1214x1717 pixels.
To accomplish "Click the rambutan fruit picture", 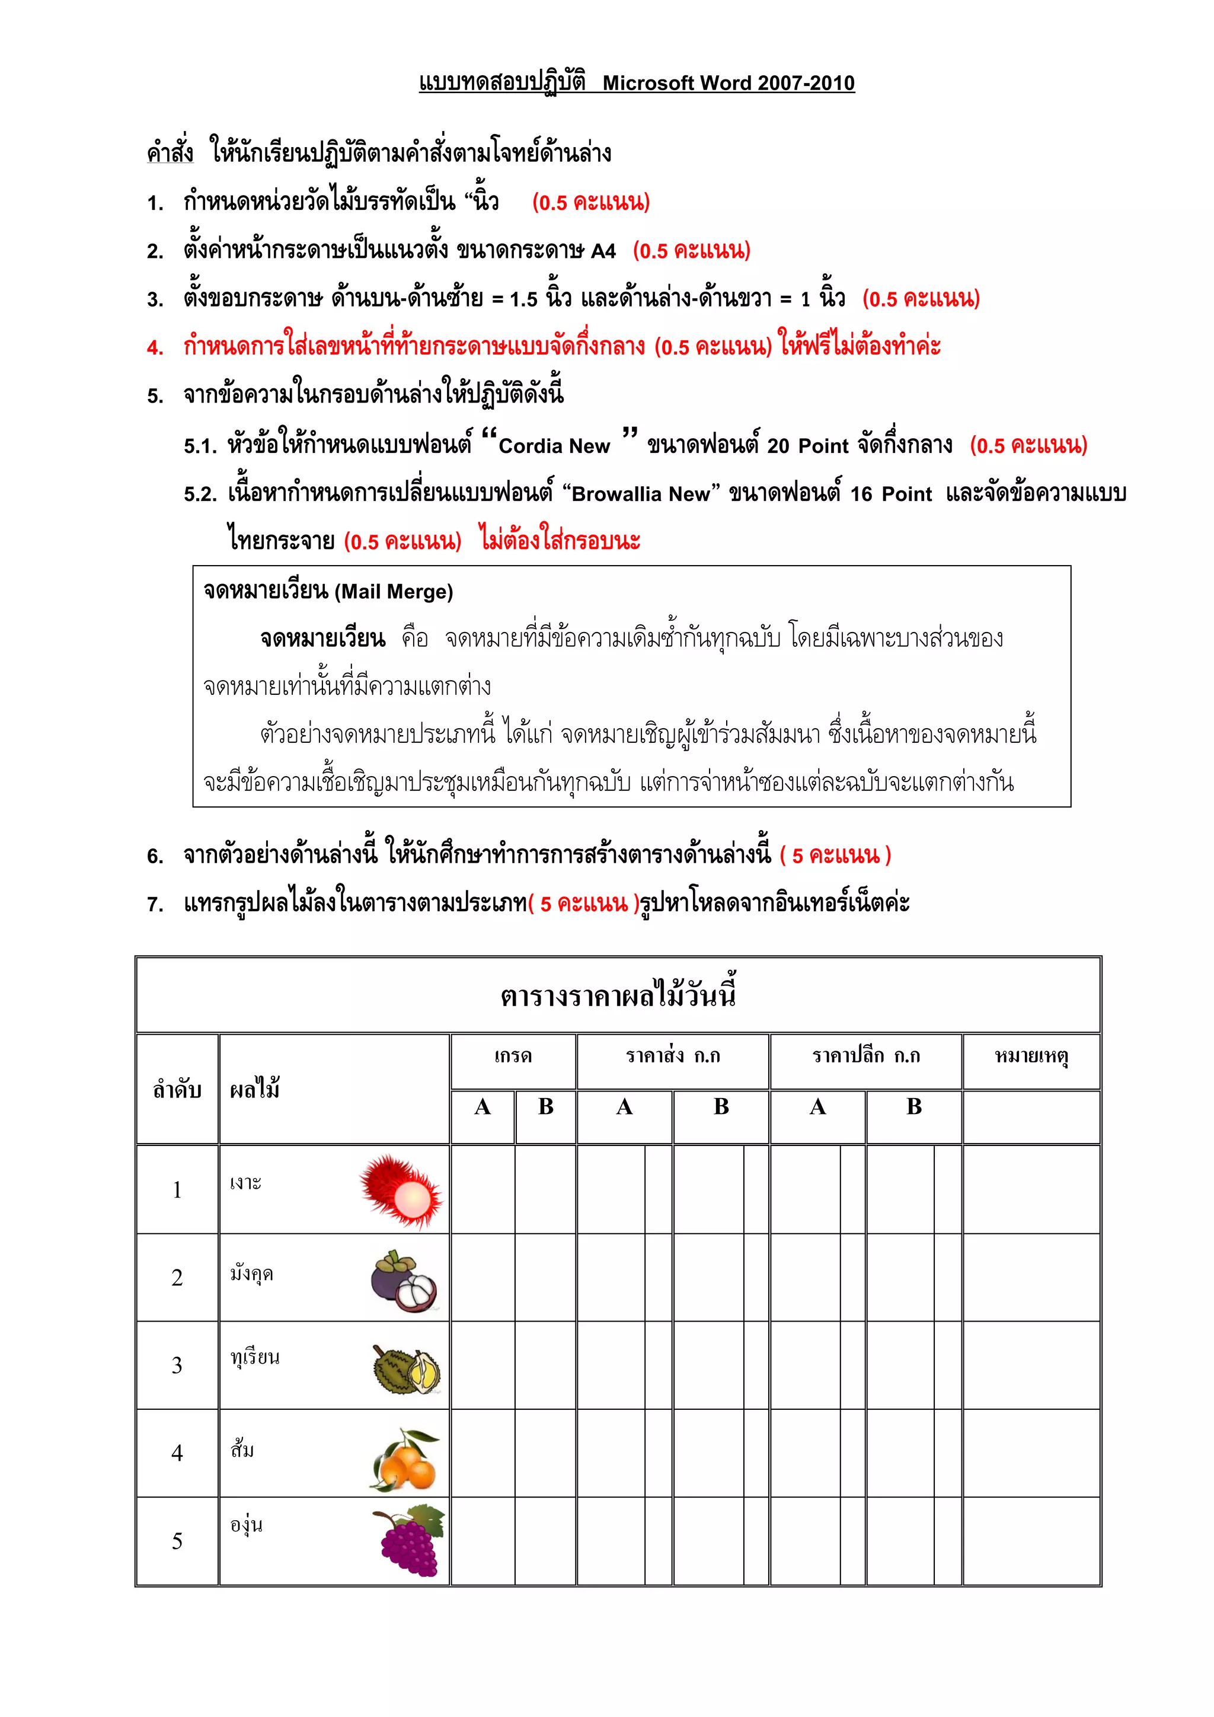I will coord(401,1190).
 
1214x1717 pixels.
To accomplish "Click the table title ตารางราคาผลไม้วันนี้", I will coord(618,995).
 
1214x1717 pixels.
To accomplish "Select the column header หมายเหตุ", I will coord(1031,1056).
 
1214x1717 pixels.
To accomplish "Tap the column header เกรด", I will coord(513,1056).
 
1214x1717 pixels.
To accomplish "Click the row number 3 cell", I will coord(177,1365).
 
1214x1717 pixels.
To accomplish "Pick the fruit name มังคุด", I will coord(252,1273).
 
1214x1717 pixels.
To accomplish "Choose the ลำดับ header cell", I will coord(177,1090).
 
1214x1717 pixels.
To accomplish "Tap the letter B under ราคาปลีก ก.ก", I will coord(913,1108).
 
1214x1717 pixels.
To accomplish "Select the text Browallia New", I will coord(641,494).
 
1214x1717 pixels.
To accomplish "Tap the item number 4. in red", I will coord(155,348).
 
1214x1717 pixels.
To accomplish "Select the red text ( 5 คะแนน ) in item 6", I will coord(835,856).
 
